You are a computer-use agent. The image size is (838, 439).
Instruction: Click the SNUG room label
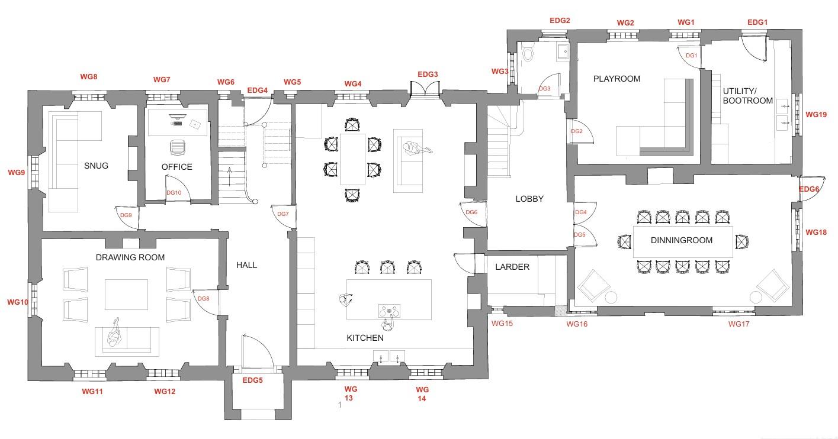click(96, 166)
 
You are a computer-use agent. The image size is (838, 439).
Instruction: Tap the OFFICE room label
click(176, 167)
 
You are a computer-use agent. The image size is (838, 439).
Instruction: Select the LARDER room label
click(512, 267)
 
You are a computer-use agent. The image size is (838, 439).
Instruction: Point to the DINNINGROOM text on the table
click(681, 240)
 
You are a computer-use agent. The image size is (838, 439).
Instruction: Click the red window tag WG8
click(89, 76)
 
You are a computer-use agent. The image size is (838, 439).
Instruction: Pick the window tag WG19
click(816, 115)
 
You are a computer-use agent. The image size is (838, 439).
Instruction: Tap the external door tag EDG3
click(428, 75)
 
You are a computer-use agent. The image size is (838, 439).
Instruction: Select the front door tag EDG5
click(252, 380)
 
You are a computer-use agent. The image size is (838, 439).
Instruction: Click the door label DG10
click(174, 193)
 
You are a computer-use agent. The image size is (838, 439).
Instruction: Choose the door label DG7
click(283, 214)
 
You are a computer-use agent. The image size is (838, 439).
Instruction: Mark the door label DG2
click(576, 131)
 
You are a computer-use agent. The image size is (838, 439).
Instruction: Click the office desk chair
click(177, 147)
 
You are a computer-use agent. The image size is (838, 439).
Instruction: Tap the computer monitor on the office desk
click(177, 118)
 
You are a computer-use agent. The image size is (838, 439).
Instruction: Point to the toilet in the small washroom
click(528, 53)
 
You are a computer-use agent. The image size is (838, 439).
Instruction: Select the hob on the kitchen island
click(389, 311)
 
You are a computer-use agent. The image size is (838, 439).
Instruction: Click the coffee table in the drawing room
click(126, 295)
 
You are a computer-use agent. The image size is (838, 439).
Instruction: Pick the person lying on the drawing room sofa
click(114, 334)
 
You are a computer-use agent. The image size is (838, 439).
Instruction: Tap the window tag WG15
click(502, 324)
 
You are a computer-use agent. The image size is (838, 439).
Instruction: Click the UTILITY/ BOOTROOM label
click(747, 96)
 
